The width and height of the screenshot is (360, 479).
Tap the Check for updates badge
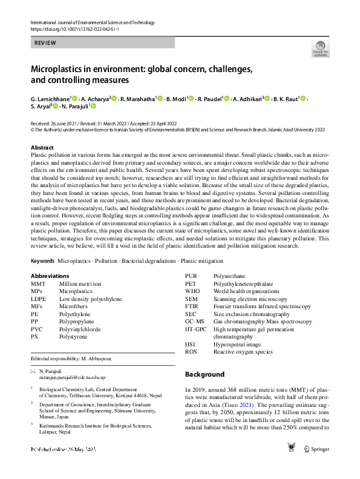point(320,49)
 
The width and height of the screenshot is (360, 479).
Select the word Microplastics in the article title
point(62,68)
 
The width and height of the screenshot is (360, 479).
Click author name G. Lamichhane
point(50,98)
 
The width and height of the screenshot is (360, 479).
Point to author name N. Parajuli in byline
point(75,107)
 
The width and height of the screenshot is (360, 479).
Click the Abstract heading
point(42,148)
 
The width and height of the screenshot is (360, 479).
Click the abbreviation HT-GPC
point(196,329)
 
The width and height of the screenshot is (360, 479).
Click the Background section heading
point(205,374)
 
